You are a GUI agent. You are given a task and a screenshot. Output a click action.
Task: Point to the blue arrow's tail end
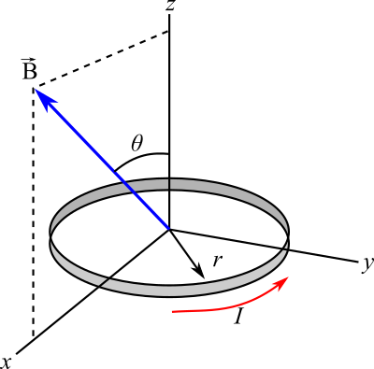pos(168,227)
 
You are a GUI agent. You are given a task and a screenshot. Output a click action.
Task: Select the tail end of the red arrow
pos(174,311)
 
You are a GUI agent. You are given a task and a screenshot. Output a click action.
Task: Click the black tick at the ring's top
pos(169,184)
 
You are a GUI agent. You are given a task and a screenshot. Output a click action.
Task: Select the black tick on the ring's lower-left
pos(104,282)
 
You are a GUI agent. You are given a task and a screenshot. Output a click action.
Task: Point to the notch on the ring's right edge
pos(286,245)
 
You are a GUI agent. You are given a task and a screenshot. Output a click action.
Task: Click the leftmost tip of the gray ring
pos(51,235)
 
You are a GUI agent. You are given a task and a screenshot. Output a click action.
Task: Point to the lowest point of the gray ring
pos(169,291)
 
